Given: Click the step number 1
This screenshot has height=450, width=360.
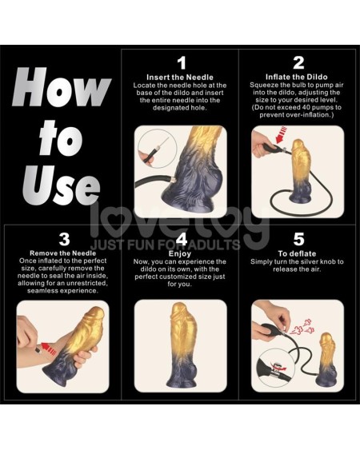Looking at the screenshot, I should coord(181,62).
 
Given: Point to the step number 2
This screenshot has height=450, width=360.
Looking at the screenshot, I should coord(298,62).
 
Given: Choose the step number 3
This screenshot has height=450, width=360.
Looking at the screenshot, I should coord(64,238).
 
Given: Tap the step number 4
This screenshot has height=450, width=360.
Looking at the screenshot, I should coord(181,238).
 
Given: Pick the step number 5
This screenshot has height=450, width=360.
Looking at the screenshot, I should coord(298,238).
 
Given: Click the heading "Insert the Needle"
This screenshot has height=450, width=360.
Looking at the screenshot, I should coord(181,77).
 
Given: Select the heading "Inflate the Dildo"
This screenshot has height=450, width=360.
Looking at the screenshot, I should coord(298,77).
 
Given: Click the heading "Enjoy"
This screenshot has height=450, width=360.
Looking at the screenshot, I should coord(181,252).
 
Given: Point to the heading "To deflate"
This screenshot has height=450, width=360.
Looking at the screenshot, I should coord(298,252).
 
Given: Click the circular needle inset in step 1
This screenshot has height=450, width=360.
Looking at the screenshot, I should coord(153,152).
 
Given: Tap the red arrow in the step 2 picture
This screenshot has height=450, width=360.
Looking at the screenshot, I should coord(279,145).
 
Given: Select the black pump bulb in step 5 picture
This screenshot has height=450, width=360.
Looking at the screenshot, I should coord(269,328).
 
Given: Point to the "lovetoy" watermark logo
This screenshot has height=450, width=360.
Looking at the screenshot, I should coord(180,224).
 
